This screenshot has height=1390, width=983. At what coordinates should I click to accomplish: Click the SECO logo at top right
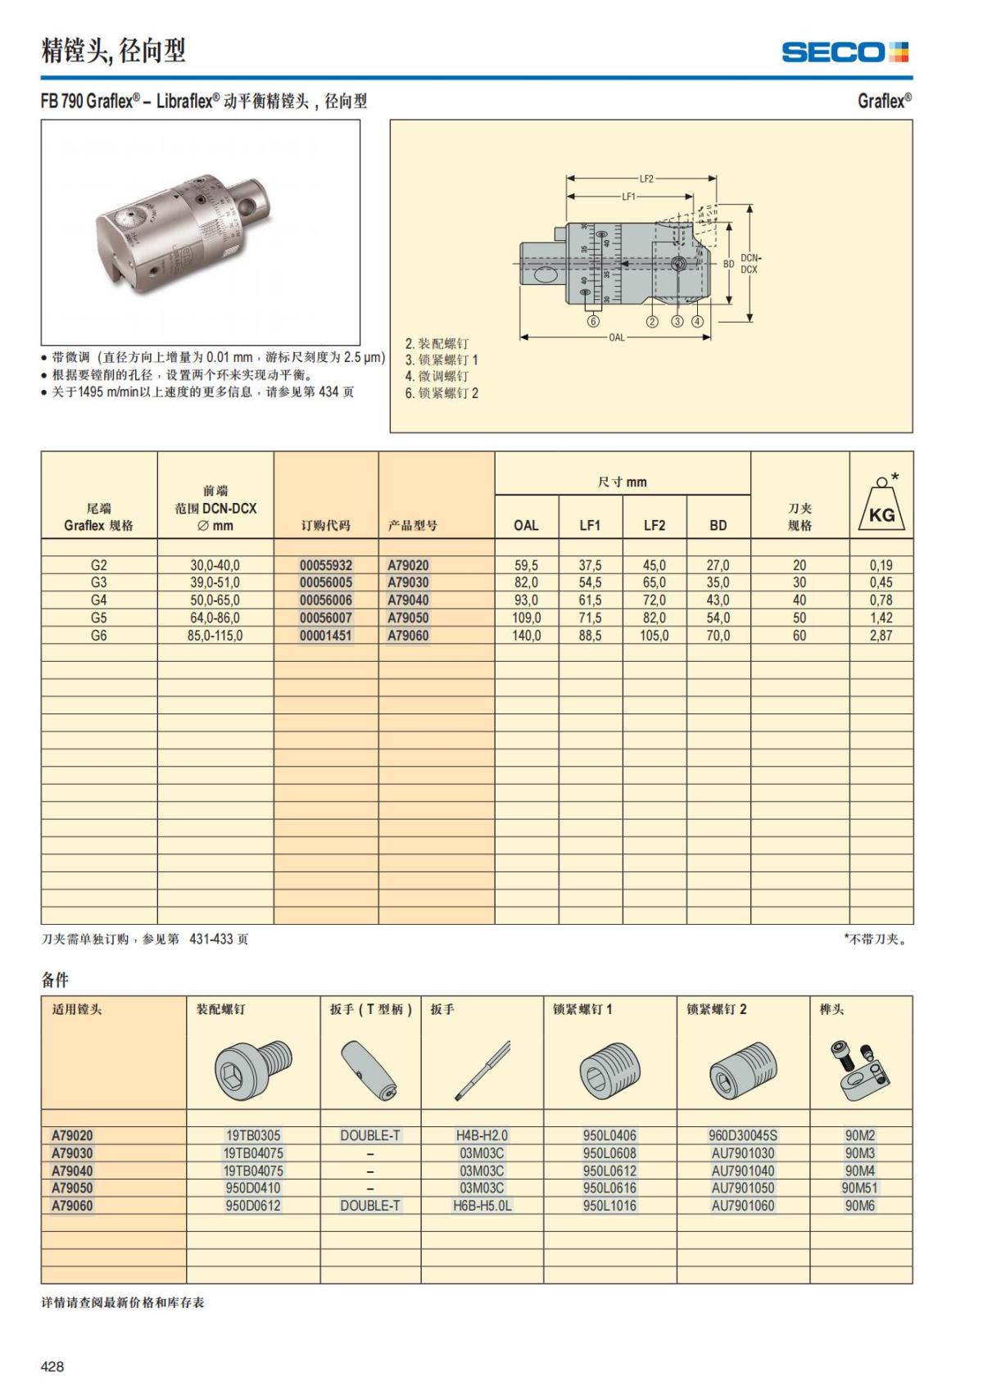845,52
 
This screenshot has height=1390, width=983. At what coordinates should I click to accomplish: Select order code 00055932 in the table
325,565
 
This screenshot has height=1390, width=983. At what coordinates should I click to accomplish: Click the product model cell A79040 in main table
408,600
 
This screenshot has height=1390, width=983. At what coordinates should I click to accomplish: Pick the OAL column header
526,525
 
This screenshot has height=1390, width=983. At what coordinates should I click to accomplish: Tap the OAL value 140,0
526,636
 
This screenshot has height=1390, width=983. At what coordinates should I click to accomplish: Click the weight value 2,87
881,636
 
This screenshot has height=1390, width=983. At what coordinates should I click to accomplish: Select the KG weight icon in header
881,505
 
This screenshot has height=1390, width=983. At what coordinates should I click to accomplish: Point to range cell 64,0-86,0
215,618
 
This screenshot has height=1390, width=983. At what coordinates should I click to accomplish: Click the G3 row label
98,582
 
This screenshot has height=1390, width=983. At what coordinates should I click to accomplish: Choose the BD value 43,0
718,600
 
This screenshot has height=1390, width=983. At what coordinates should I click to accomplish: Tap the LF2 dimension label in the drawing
646,179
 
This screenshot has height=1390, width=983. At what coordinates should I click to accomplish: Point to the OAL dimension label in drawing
616,337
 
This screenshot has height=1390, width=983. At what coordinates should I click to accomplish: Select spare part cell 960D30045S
742,1135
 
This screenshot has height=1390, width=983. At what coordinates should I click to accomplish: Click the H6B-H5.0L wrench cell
482,1206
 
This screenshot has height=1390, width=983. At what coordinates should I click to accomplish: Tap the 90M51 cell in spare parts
859,1188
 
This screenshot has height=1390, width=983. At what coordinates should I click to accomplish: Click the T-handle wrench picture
369,1070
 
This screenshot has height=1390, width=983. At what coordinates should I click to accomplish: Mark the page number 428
52,1366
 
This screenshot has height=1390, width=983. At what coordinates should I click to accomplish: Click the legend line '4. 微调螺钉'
437,376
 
